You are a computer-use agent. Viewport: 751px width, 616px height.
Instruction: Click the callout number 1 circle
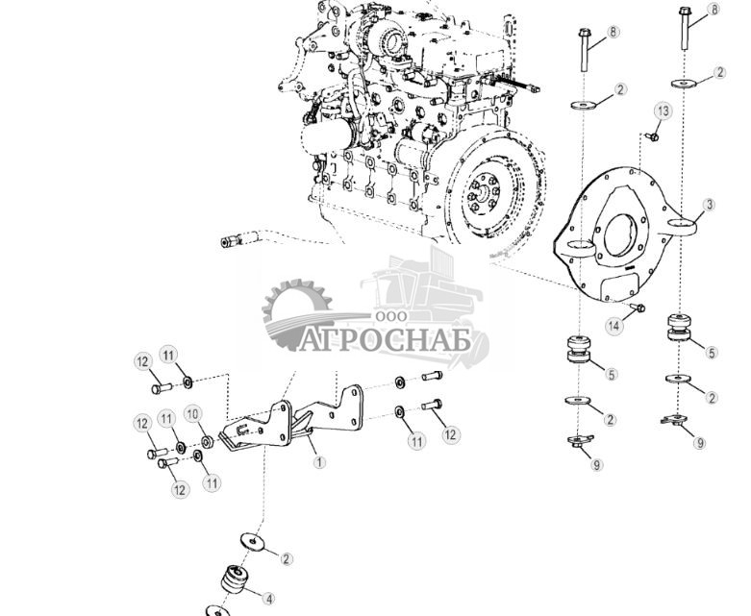pyautogui.click(x=319, y=461)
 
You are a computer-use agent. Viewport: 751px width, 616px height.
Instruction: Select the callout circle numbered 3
pyautogui.click(x=709, y=205)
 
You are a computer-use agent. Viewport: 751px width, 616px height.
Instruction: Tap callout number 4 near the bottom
pyautogui.click(x=269, y=598)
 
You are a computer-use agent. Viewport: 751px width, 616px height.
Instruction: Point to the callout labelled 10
pyautogui.click(x=192, y=413)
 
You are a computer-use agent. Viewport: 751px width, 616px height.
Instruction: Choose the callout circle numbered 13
pyautogui.click(x=662, y=111)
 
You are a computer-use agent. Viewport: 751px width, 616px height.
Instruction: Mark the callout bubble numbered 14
pyautogui.click(x=613, y=326)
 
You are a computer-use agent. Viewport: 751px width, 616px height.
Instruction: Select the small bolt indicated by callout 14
pyautogui.click(x=638, y=308)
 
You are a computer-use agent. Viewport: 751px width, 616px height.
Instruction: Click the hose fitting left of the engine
pyautogui.click(x=230, y=242)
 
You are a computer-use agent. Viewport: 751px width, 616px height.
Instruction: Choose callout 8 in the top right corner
pyautogui.click(x=713, y=10)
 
